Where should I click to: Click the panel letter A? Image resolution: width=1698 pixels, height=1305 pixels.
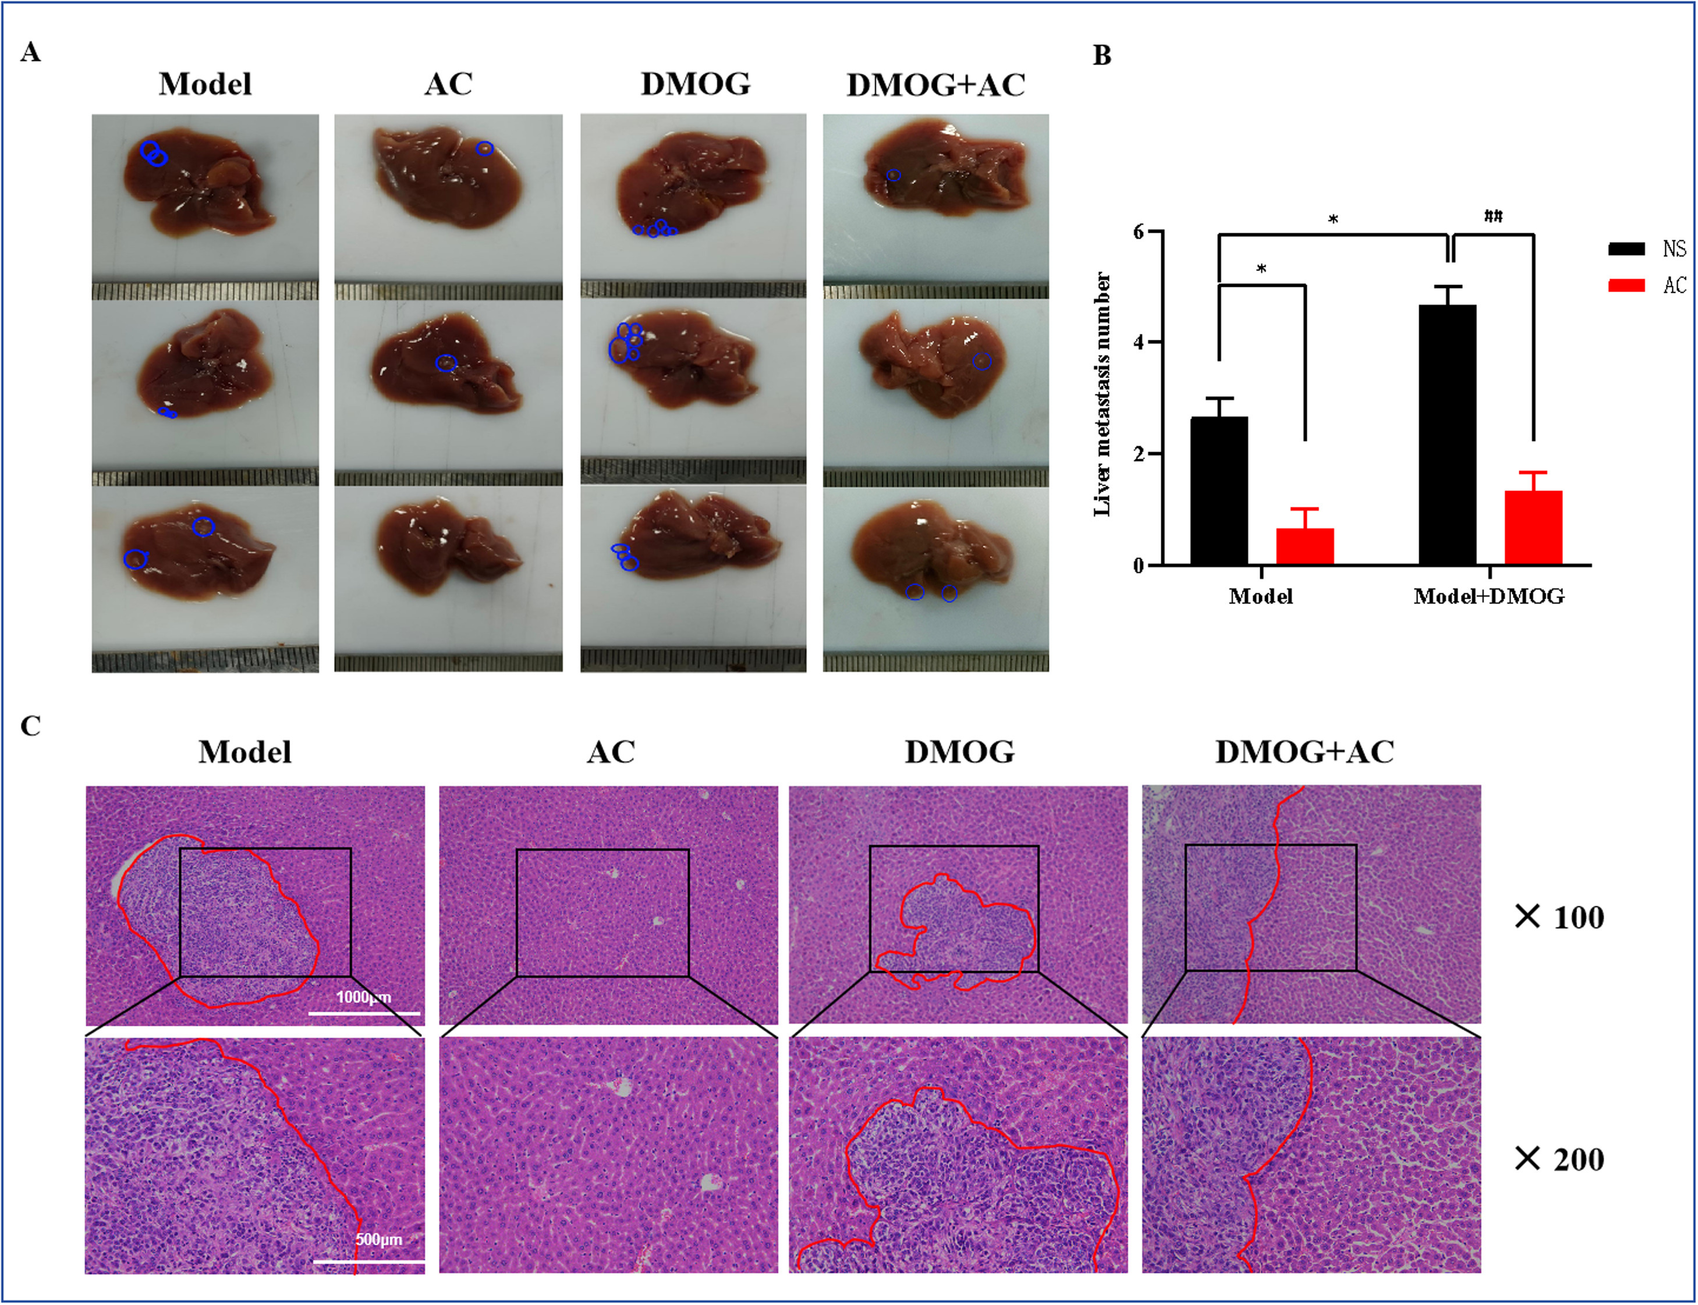pyautogui.click(x=30, y=53)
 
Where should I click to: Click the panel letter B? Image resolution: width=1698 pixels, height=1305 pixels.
pyautogui.click(x=1101, y=56)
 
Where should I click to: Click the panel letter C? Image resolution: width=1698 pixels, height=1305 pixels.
pyautogui.click(x=30, y=726)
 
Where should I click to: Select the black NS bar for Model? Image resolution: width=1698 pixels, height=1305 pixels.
pyautogui.click(x=1218, y=490)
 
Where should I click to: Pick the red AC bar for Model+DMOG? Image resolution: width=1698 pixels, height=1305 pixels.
pyautogui.click(x=1533, y=528)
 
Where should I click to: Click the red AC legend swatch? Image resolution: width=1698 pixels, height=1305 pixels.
pyautogui.click(x=1626, y=285)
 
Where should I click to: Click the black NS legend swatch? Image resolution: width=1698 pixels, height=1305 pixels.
pyautogui.click(x=1626, y=248)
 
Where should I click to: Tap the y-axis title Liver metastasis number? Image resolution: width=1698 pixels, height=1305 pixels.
pyautogui.click(x=1102, y=394)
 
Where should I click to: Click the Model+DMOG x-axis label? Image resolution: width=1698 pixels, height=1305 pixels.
pyautogui.click(x=1488, y=596)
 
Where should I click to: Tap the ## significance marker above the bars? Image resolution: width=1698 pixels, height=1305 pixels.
pyautogui.click(x=1493, y=216)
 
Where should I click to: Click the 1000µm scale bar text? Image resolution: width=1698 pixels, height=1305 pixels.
pyautogui.click(x=364, y=997)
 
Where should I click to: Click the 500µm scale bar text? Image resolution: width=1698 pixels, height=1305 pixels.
pyautogui.click(x=379, y=1239)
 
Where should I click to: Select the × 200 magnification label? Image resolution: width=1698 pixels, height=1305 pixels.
pyautogui.click(x=1559, y=1160)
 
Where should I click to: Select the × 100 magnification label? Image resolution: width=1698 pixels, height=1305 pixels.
pyautogui.click(x=1559, y=918)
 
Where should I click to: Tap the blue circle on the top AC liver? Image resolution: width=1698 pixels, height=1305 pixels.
pyautogui.click(x=484, y=148)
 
